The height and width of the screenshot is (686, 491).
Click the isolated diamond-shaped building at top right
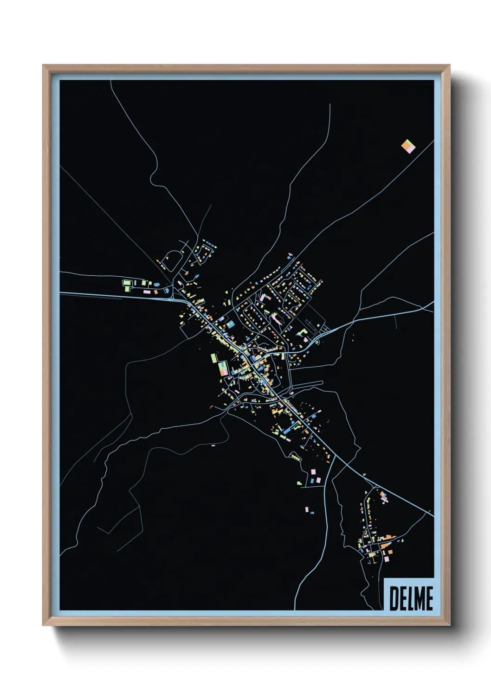(x=408, y=146)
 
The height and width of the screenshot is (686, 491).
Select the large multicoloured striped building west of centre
(x=223, y=368)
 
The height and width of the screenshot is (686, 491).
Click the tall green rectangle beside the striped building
(x=214, y=358)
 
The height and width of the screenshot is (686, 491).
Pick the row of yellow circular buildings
(x=295, y=458)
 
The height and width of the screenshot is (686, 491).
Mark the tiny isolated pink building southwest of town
(x=213, y=445)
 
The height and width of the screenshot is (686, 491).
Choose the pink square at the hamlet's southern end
(x=386, y=560)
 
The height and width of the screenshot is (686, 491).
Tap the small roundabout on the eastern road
(x=317, y=342)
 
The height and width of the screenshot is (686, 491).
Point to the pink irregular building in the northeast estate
(x=276, y=319)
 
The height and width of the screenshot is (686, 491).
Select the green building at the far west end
(x=126, y=283)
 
